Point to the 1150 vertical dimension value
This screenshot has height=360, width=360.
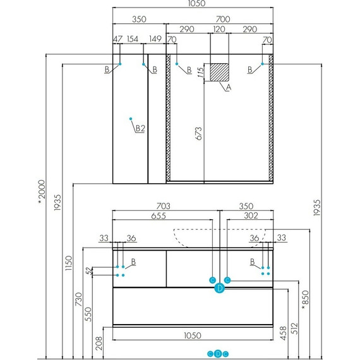coord(69,263)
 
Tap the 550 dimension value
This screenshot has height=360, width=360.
coord(90,314)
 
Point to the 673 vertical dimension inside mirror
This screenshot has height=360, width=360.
coord(199,133)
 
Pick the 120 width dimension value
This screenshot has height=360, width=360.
coord(219,29)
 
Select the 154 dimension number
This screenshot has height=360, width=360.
coord(133,39)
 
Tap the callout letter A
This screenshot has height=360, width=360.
coord(229,88)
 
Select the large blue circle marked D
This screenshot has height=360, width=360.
coord(219,289)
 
